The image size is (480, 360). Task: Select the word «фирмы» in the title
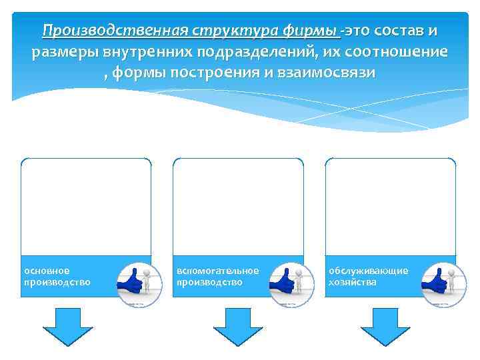303,31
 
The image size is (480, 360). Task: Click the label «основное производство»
57,277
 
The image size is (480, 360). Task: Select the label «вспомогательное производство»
217,277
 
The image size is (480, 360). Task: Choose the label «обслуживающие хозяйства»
368,277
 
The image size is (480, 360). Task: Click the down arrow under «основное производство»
67,327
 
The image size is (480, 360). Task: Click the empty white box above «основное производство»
86,207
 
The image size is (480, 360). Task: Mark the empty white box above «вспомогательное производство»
238,207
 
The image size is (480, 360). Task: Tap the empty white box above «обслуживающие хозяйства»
390,207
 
